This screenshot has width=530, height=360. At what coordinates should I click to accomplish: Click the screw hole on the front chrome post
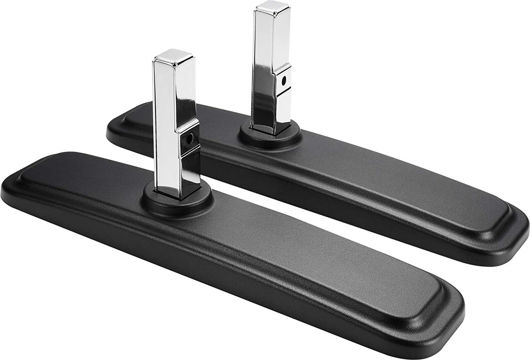[190, 139]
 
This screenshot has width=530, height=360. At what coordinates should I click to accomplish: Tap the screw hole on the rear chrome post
[284, 81]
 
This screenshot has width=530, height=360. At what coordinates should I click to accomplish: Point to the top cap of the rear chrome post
[272, 6]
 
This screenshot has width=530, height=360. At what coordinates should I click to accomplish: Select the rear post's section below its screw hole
[283, 106]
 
